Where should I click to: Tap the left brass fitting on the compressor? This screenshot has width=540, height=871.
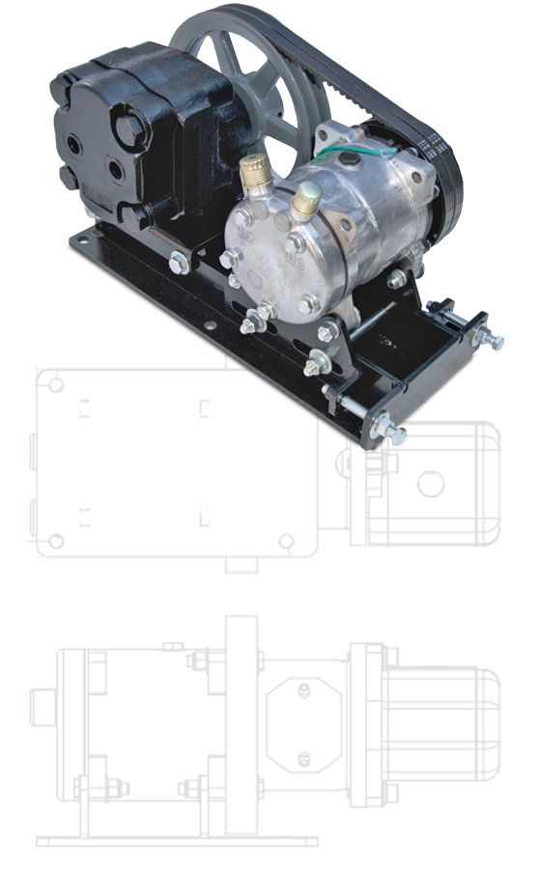point(255,172)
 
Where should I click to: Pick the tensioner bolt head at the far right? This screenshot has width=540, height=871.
point(496,341)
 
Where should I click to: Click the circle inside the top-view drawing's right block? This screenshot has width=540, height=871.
point(430,483)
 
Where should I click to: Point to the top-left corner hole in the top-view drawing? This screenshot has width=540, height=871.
point(56,385)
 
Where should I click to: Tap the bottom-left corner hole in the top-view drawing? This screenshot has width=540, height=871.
point(56,541)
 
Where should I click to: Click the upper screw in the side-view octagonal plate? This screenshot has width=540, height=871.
point(305,689)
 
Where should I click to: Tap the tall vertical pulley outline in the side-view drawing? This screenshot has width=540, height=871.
point(241,724)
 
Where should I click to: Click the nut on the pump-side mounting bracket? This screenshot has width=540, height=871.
point(179,262)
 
